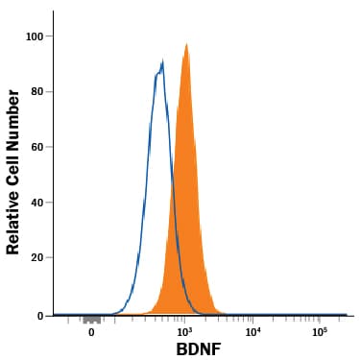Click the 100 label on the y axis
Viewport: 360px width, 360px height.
(34, 36)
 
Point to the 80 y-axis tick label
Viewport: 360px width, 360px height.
(36, 92)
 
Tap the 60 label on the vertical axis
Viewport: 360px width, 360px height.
(36, 147)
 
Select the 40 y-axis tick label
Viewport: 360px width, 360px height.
(36, 203)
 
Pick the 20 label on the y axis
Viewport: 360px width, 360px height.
(36, 258)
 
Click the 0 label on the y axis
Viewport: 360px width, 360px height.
(40, 316)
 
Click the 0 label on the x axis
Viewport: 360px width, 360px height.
(91, 332)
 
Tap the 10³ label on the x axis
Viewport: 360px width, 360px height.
(183, 332)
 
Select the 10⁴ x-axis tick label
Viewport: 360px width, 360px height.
(252, 332)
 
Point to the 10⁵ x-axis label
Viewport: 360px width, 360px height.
(321, 332)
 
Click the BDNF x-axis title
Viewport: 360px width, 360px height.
(199, 349)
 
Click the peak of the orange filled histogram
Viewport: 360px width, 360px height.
(186, 43)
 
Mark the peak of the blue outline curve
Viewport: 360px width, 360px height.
(163, 60)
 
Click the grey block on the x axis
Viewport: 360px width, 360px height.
(92, 321)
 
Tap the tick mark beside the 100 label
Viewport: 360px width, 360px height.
(49, 36)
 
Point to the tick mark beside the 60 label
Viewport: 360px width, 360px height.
(49, 147)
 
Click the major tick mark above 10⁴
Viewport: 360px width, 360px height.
(252, 320)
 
